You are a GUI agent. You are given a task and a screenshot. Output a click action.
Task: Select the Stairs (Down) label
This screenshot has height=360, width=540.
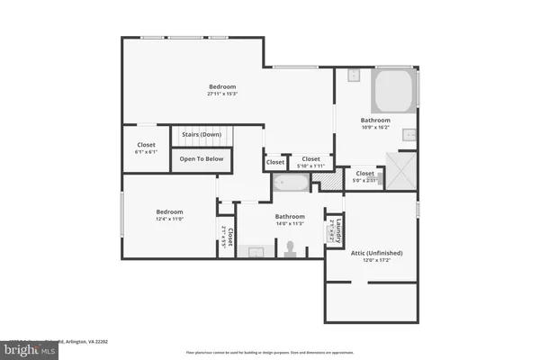[x=202, y=134]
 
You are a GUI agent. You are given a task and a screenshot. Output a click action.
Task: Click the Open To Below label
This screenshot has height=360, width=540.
[x=202, y=159]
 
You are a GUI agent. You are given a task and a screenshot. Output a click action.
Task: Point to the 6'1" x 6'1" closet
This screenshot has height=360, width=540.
[x=146, y=148]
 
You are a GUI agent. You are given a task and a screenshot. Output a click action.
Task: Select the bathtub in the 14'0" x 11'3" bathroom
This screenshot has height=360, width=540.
[x=291, y=184]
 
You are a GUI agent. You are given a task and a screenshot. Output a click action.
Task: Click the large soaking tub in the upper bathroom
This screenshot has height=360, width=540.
[x=393, y=90]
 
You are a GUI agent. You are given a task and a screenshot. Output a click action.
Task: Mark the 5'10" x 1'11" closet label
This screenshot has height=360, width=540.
[x=310, y=163]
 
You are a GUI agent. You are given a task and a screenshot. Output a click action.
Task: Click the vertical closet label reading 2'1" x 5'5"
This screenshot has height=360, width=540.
[x=227, y=237]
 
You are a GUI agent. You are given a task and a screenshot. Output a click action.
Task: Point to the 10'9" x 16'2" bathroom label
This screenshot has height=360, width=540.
[x=375, y=124]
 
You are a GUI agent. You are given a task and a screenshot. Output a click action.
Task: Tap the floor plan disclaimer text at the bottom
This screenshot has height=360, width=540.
[x=270, y=352]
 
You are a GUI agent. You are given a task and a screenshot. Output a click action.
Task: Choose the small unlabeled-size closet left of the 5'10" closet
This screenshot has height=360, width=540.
[x=275, y=163]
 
